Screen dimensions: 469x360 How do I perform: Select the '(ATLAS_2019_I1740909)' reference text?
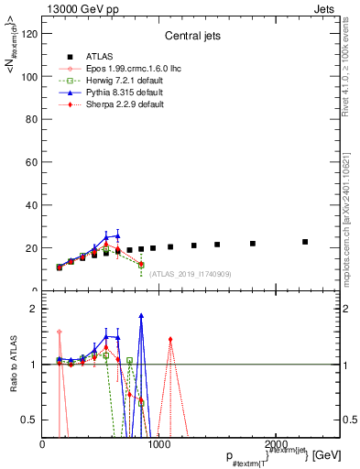189,273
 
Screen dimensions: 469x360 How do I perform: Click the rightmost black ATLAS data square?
305,242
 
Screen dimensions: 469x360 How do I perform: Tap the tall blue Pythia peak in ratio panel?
141,316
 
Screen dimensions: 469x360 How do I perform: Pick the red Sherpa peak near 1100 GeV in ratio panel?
170,339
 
